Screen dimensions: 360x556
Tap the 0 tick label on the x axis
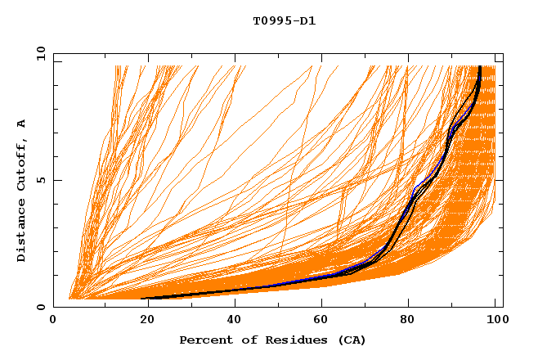click(x=54, y=320)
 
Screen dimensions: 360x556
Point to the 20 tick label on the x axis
click(x=142, y=320)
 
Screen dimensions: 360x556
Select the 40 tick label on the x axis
click(x=231, y=320)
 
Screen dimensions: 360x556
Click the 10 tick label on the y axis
click(x=40, y=53)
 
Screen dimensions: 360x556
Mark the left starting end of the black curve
click(x=141, y=299)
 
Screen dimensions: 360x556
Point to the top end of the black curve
click(x=479, y=67)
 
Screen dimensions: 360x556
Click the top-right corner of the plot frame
click(x=503, y=53)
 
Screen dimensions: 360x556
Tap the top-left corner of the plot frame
click(x=54, y=53)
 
